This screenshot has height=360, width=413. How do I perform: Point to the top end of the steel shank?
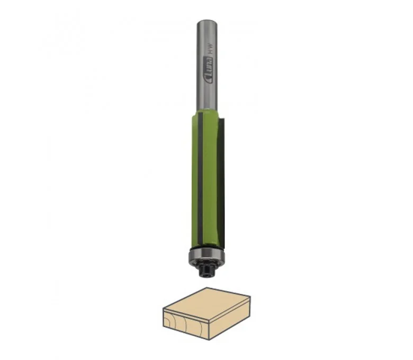tap(208, 21)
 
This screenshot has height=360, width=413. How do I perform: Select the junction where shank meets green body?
tap(208, 110)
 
